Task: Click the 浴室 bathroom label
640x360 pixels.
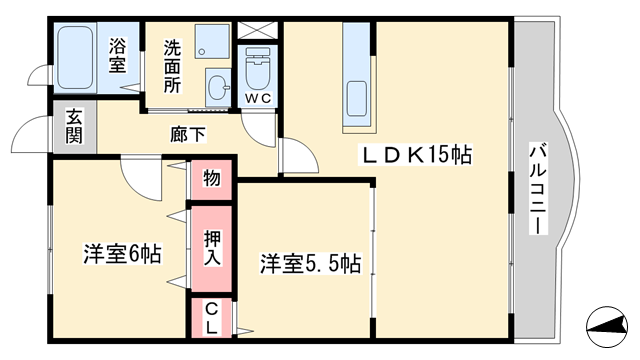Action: [117, 55]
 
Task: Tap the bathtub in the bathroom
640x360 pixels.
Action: [75, 58]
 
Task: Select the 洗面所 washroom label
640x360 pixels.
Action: [172, 66]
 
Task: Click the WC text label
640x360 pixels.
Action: [258, 98]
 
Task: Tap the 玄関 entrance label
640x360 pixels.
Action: [74, 127]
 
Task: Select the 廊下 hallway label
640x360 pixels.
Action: [188, 134]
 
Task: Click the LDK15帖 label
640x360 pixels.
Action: [415, 154]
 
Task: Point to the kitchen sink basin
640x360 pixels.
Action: [357, 98]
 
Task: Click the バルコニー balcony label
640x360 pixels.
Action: [538, 188]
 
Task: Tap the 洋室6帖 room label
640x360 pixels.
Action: [122, 254]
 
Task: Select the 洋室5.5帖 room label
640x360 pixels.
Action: [311, 264]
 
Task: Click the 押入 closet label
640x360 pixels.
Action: [212, 248]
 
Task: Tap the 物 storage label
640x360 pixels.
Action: [212, 178]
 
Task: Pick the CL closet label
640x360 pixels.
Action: [211, 319]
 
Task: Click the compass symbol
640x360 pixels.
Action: [607, 327]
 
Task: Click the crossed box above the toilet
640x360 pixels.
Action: [258, 30]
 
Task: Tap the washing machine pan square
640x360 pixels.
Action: [212, 41]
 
